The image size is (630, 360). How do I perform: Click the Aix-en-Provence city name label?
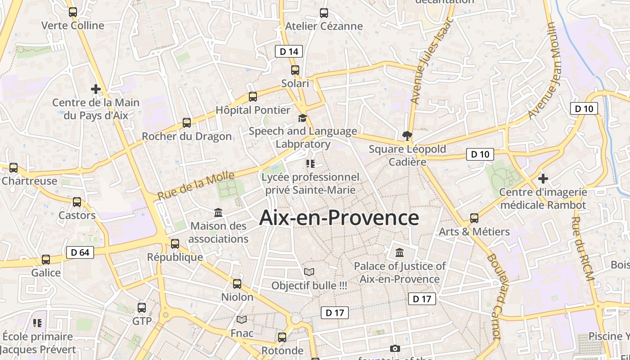tap(339, 218)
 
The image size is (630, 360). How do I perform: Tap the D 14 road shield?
tap(289, 52)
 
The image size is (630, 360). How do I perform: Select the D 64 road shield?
tap(80, 252)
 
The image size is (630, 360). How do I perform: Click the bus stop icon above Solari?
tap(295, 70)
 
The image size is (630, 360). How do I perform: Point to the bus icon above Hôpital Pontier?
tap(253, 96)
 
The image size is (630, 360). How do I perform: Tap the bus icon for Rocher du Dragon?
tap(186, 122)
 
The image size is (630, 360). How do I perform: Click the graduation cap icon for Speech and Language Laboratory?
tap(303, 118)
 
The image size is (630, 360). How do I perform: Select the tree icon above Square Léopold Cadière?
tap(407, 135)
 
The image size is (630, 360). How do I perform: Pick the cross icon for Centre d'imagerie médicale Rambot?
tap(543, 179)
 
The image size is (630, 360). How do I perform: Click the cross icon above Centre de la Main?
tap(96, 89)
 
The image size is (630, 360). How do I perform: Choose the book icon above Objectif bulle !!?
tap(309, 272)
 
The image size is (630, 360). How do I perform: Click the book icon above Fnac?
tap(242, 319)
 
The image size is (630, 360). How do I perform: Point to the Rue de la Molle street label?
tap(196, 186)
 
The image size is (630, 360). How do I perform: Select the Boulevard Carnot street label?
tap(494, 297)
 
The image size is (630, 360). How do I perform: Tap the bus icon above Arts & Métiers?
tap(474, 218)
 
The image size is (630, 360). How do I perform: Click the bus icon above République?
tap(175, 244)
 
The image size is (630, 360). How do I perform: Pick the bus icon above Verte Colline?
tap(73, 12)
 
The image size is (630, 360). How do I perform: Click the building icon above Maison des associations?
tap(218, 212)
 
